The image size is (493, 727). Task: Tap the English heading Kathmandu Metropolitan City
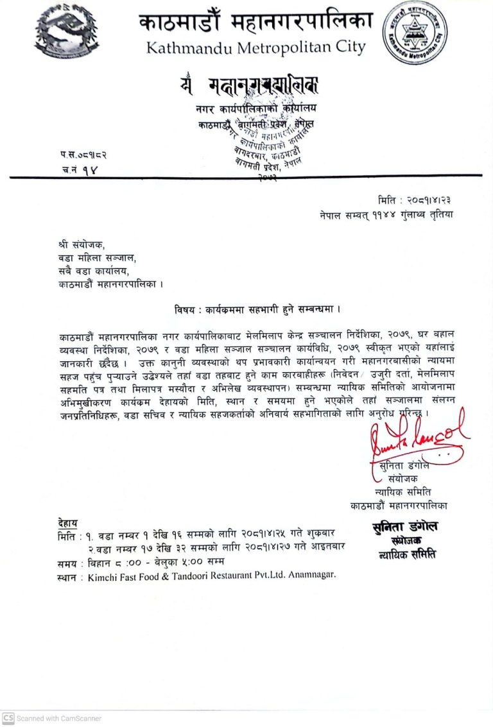coord(255,47)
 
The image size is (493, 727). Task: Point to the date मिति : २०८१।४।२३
coord(415,201)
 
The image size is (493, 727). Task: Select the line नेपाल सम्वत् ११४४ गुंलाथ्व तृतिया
coord(386,214)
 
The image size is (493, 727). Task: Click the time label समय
coord(68,563)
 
